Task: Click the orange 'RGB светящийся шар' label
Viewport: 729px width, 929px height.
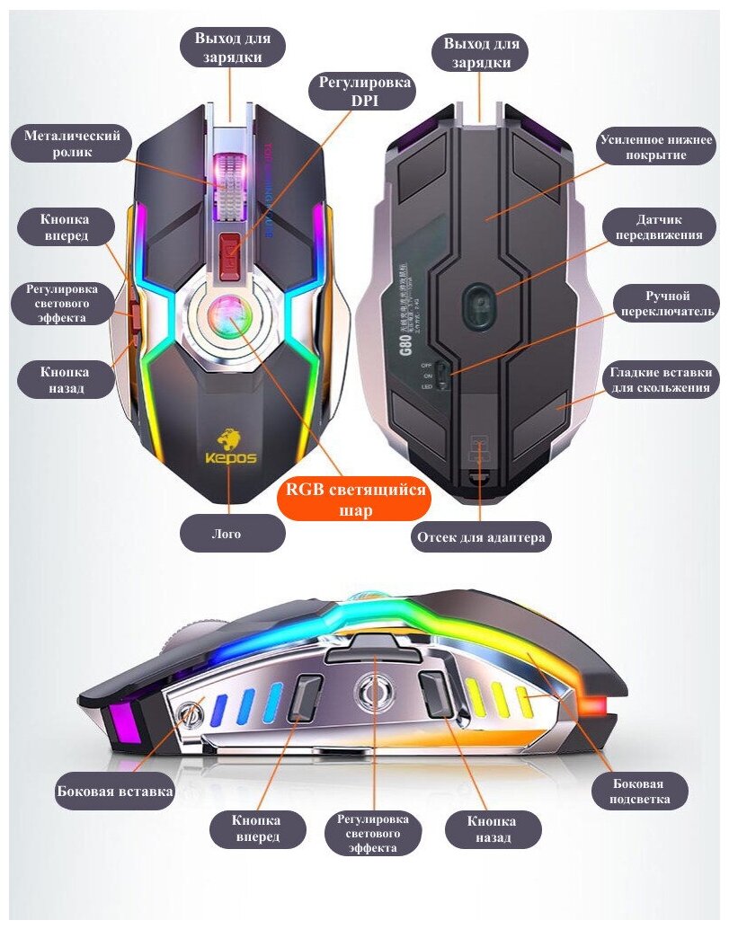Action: [x=353, y=499]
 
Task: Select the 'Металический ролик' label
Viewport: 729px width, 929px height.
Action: [x=72, y=145]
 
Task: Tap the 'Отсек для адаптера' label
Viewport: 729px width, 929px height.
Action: [x=481, y=537]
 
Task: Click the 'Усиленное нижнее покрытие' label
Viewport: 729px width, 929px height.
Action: [x=657, y=148]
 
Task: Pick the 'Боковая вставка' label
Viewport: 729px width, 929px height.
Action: [x=113, y=792]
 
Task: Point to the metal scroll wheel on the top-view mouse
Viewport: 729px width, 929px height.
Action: [x=228, y=185]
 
